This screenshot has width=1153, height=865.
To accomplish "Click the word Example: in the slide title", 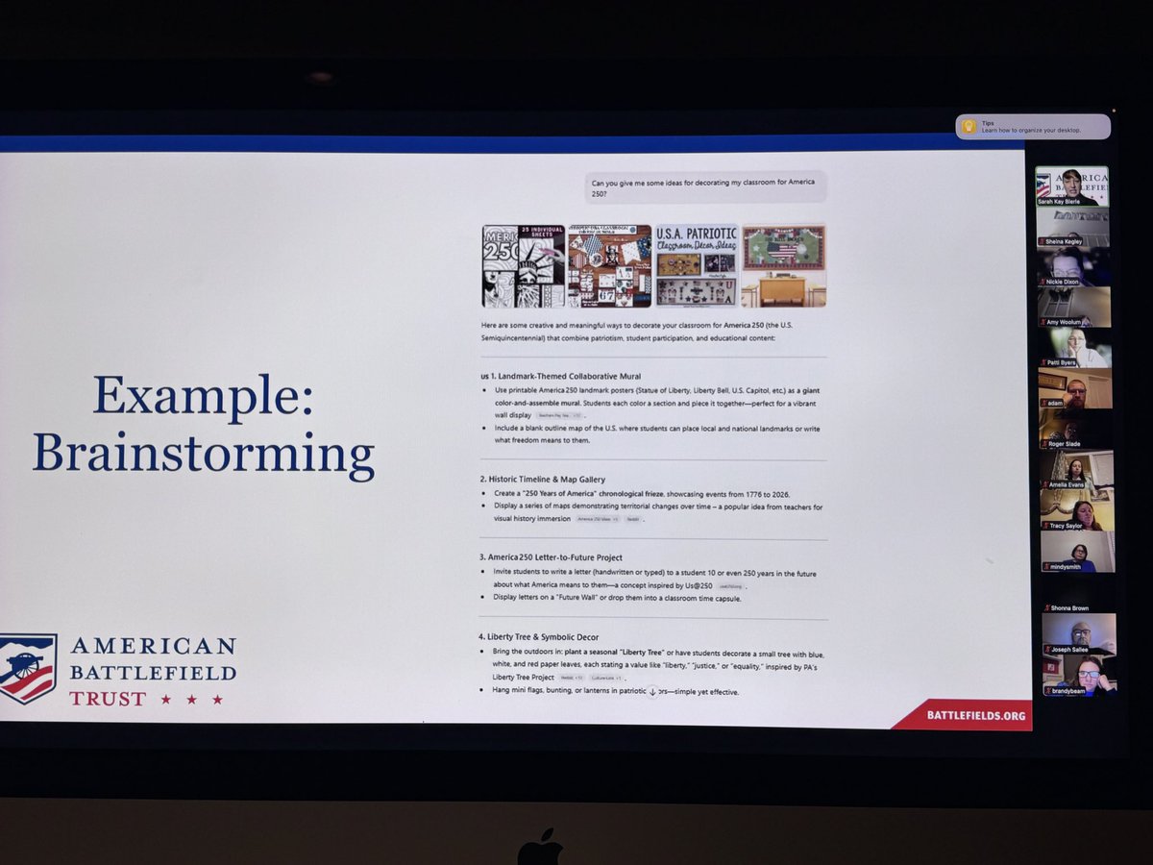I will (x=203, y=394).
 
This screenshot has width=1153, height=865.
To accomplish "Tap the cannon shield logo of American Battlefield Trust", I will (x=28, y=668).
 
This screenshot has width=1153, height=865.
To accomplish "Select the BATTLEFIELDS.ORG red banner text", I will (x=975, y=715).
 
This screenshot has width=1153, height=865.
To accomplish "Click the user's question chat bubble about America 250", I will (x=705, y=186).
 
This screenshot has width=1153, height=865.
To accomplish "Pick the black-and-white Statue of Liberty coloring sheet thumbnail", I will (x=523, y=266).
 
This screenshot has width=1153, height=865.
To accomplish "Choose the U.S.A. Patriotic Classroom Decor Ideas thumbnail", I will (x=697, y=265).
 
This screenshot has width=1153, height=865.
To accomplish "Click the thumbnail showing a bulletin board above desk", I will (x=783, y=265).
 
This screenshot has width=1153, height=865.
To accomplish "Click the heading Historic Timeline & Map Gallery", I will (x=542, y=479).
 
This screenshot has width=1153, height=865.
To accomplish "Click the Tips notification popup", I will (x=1033, y=126).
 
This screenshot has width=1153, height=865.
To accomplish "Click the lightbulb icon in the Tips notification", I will (x=969, y=126).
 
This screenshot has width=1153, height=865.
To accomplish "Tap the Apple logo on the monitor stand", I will (x=540, y=848).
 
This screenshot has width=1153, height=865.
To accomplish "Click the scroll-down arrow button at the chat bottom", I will (x=652, y=691).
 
